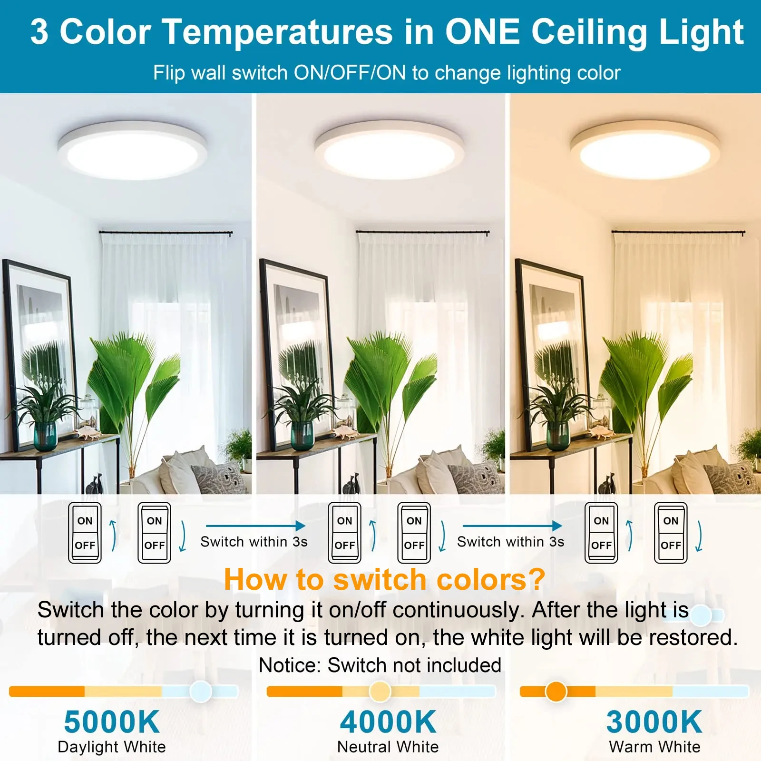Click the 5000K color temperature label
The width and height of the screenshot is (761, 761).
point(112,722)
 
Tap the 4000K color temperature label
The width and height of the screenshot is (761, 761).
point(388,722)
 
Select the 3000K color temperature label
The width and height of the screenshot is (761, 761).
point(654,722)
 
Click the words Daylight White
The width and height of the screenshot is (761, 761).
point(112,747)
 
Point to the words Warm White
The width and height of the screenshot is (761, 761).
point(655,747)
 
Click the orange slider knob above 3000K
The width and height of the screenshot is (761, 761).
point(556,691)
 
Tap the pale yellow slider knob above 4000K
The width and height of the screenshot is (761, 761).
point(380,691)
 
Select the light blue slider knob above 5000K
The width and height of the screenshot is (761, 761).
point(201,691)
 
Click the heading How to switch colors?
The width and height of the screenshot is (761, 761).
point(384,579)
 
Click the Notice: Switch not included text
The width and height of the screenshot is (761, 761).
point(380,665)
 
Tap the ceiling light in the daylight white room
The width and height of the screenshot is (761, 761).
point(132,150)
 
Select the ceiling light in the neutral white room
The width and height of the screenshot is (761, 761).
point(389,150)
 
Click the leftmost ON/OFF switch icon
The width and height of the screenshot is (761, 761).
point(85,533)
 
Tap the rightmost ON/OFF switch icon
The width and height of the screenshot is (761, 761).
point(671,533)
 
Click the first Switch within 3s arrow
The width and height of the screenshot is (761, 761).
point(255,526)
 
